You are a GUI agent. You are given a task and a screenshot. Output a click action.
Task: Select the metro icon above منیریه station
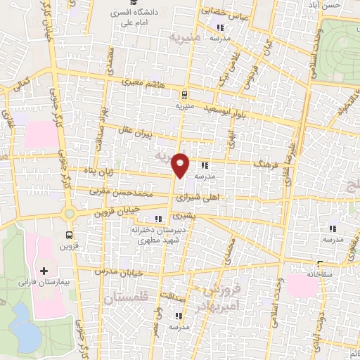tap(184, 94)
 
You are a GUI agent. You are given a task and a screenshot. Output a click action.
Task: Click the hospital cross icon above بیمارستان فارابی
tap(44, 271)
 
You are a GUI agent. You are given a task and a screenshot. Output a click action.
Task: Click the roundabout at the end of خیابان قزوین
tap(69, 213)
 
